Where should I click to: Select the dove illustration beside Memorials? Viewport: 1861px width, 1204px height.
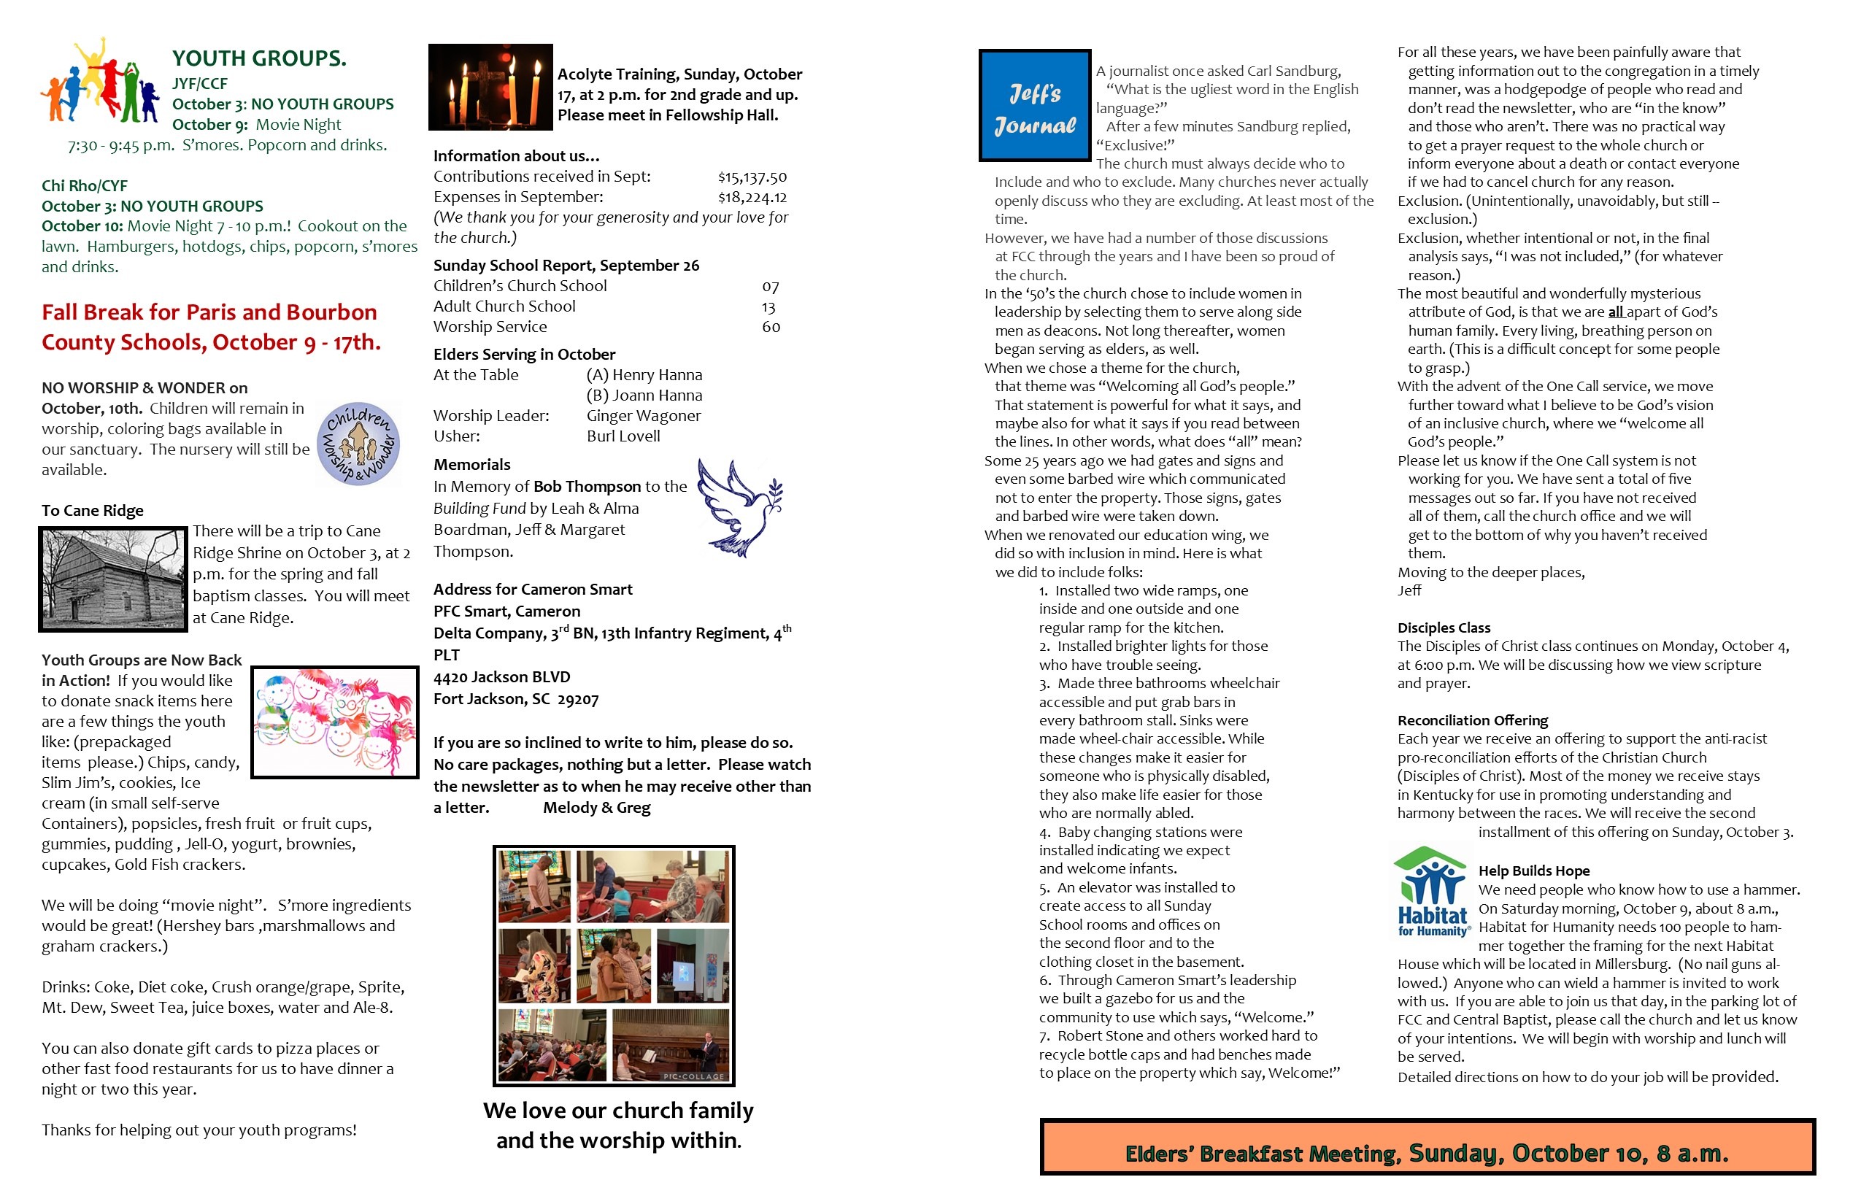click(739, 506)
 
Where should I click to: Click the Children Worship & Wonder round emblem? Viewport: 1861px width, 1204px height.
click(359, 444)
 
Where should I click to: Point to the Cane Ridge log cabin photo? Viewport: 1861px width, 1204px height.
click(112, 579)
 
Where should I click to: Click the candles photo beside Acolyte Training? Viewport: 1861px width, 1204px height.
click(490, 87)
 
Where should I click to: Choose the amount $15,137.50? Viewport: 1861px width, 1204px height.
click(752, 177)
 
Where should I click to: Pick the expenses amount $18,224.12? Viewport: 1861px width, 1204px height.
click(752, 197)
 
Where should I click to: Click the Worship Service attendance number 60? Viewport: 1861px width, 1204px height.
click(770, 327)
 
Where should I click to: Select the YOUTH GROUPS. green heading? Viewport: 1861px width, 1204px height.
click(259, 58)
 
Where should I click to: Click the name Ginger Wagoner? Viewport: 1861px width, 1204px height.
click(643, 416)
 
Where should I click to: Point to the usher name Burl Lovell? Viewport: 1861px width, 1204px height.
click(623, 436)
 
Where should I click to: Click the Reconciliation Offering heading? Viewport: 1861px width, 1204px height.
click(1473, 720)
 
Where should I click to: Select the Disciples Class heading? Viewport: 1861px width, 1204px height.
click(1444, 628)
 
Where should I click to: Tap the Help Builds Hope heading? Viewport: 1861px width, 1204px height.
click(1533, 870)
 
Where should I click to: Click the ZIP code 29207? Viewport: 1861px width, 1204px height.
click(578, 699)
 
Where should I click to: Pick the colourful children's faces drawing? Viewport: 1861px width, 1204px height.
click(335, 722)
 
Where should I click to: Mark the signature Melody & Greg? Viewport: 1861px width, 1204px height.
click(597, 808)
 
